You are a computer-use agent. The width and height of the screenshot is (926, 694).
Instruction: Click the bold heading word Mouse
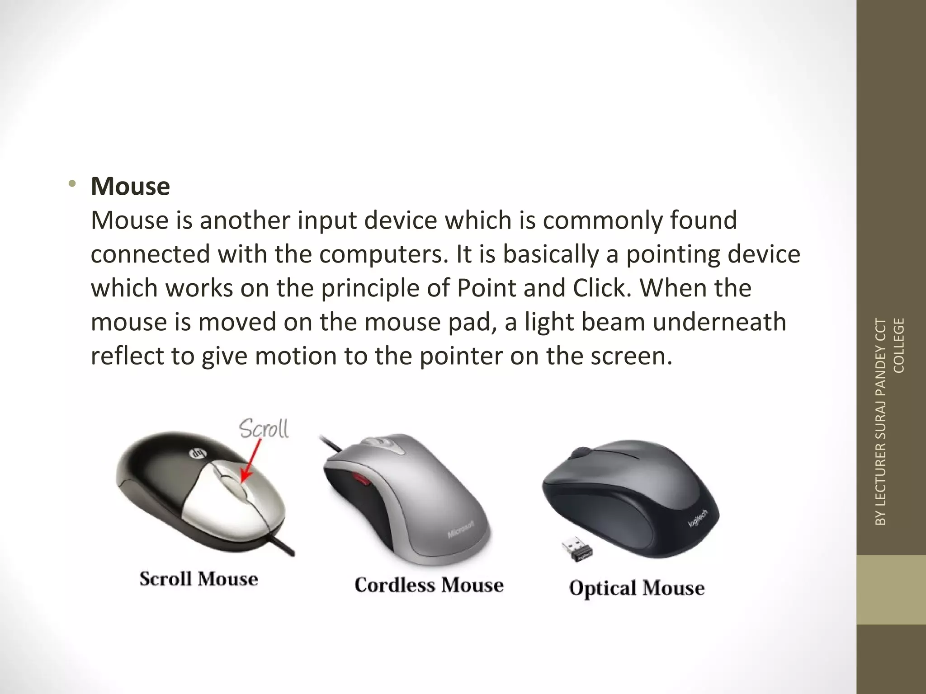130,186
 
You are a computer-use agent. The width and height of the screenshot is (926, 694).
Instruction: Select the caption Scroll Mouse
198,579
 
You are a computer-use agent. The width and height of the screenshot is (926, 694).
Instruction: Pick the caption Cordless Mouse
429,585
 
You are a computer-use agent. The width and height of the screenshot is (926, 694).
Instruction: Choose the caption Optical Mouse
637,588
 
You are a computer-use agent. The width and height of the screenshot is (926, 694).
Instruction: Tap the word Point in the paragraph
486,288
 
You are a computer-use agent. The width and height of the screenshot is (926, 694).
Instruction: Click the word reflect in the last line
128,356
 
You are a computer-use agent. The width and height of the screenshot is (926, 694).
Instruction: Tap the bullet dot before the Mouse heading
71,184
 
